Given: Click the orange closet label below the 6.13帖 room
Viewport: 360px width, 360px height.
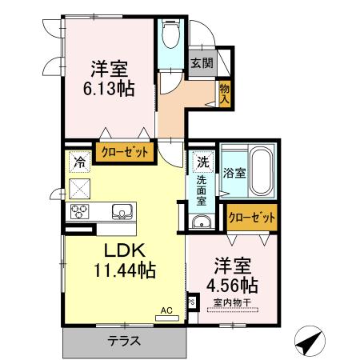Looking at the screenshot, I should tap(123, 153).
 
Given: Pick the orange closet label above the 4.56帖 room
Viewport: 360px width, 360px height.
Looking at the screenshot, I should tap(252, 216).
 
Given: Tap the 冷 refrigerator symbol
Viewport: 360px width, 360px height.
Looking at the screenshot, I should tap(79, 162).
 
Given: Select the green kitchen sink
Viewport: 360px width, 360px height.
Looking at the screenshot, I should tap(123, 212).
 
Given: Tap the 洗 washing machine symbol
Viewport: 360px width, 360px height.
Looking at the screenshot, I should tap(203, 161).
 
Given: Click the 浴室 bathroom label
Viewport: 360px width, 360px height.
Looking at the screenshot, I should tap(234, 172).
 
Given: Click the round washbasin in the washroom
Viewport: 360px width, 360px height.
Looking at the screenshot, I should tap(202, 222).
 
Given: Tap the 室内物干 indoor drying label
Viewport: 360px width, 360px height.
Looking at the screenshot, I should tap(232, 302).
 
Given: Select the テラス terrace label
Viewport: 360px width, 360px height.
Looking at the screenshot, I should tap(124, 340).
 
